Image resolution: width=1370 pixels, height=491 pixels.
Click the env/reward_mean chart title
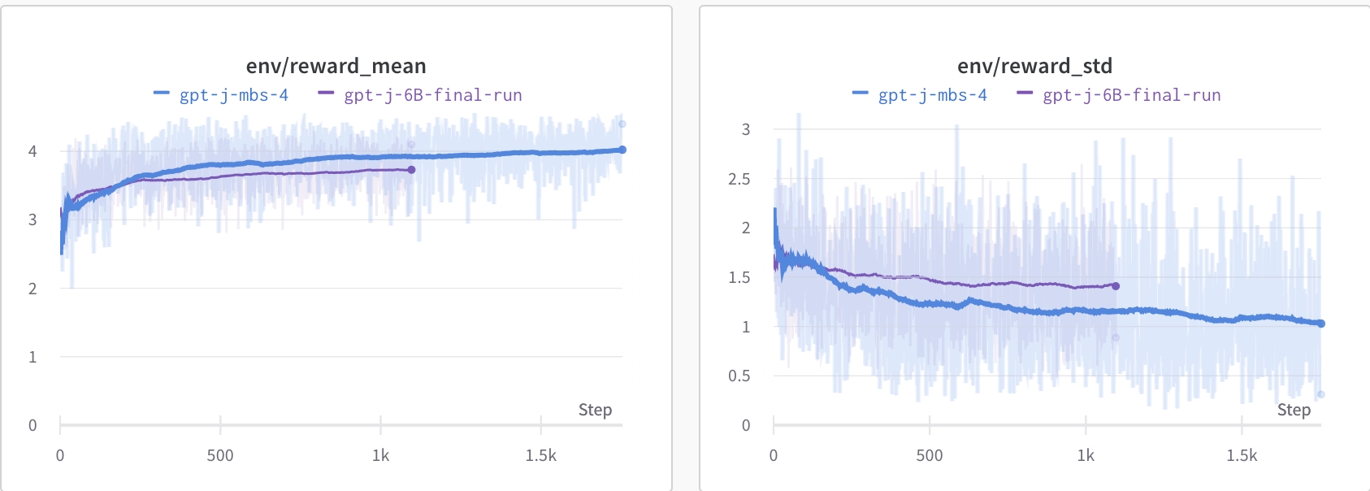coord(336,66)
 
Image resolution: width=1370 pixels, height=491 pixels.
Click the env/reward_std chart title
coord(1034,66)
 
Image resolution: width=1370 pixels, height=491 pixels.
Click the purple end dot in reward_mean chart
coord(411,170)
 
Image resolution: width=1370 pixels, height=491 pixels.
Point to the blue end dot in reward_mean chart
coord(622,150)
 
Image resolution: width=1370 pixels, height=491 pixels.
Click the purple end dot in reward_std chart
coord(1116,286)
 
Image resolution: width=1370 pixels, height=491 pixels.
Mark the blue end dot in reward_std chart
coord(1321,324)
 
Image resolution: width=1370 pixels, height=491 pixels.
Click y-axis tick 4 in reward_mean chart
coord(33,151)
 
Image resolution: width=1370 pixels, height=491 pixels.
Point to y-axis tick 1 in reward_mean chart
coord(33,357)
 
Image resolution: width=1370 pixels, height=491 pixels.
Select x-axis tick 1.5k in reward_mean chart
coord(540,456)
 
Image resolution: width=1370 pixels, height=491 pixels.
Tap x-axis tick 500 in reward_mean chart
coord(220,456)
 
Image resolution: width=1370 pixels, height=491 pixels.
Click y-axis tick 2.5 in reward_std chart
coord(739,179)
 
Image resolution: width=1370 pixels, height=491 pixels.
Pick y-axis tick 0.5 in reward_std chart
coord(739,376)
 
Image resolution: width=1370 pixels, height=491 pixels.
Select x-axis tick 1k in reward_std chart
coord(1086,456)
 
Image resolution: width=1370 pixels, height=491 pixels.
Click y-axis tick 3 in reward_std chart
coord(746,129)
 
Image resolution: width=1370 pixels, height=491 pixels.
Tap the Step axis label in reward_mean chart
coord(595,410)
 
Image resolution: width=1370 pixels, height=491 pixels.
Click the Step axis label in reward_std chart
coord(1294,410)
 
